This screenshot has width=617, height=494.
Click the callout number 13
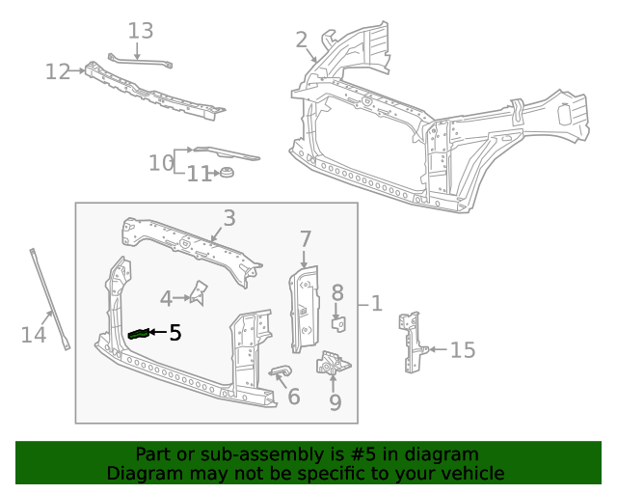(141, 31)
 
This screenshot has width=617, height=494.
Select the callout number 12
(57, 71)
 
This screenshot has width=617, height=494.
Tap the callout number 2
(302, 40)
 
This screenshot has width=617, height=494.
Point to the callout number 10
(160, 163)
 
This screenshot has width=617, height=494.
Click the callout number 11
(199, 175)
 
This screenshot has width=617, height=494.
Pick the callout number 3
(228, 218)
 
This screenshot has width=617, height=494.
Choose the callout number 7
(305, 238)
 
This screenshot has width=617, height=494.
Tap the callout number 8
(337, 292)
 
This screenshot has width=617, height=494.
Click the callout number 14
(34, 335)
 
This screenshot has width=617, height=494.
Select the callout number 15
(463, 349)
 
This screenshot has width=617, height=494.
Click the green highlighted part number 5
(139, 334)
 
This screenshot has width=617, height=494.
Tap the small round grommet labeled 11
(228, 173)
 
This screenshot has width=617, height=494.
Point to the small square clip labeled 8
(338, 321)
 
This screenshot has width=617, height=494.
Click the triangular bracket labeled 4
(200, 291)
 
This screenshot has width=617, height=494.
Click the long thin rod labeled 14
(48, 299)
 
